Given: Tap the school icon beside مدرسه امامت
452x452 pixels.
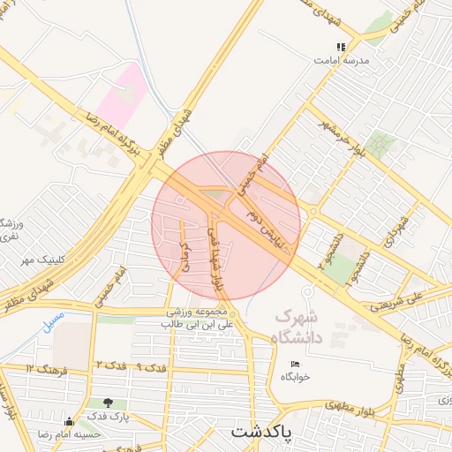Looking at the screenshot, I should tap(341, 47).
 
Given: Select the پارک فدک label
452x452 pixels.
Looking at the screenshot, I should tap(109, 415).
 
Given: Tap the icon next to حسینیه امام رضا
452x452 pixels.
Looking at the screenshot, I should tap(69, 421).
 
